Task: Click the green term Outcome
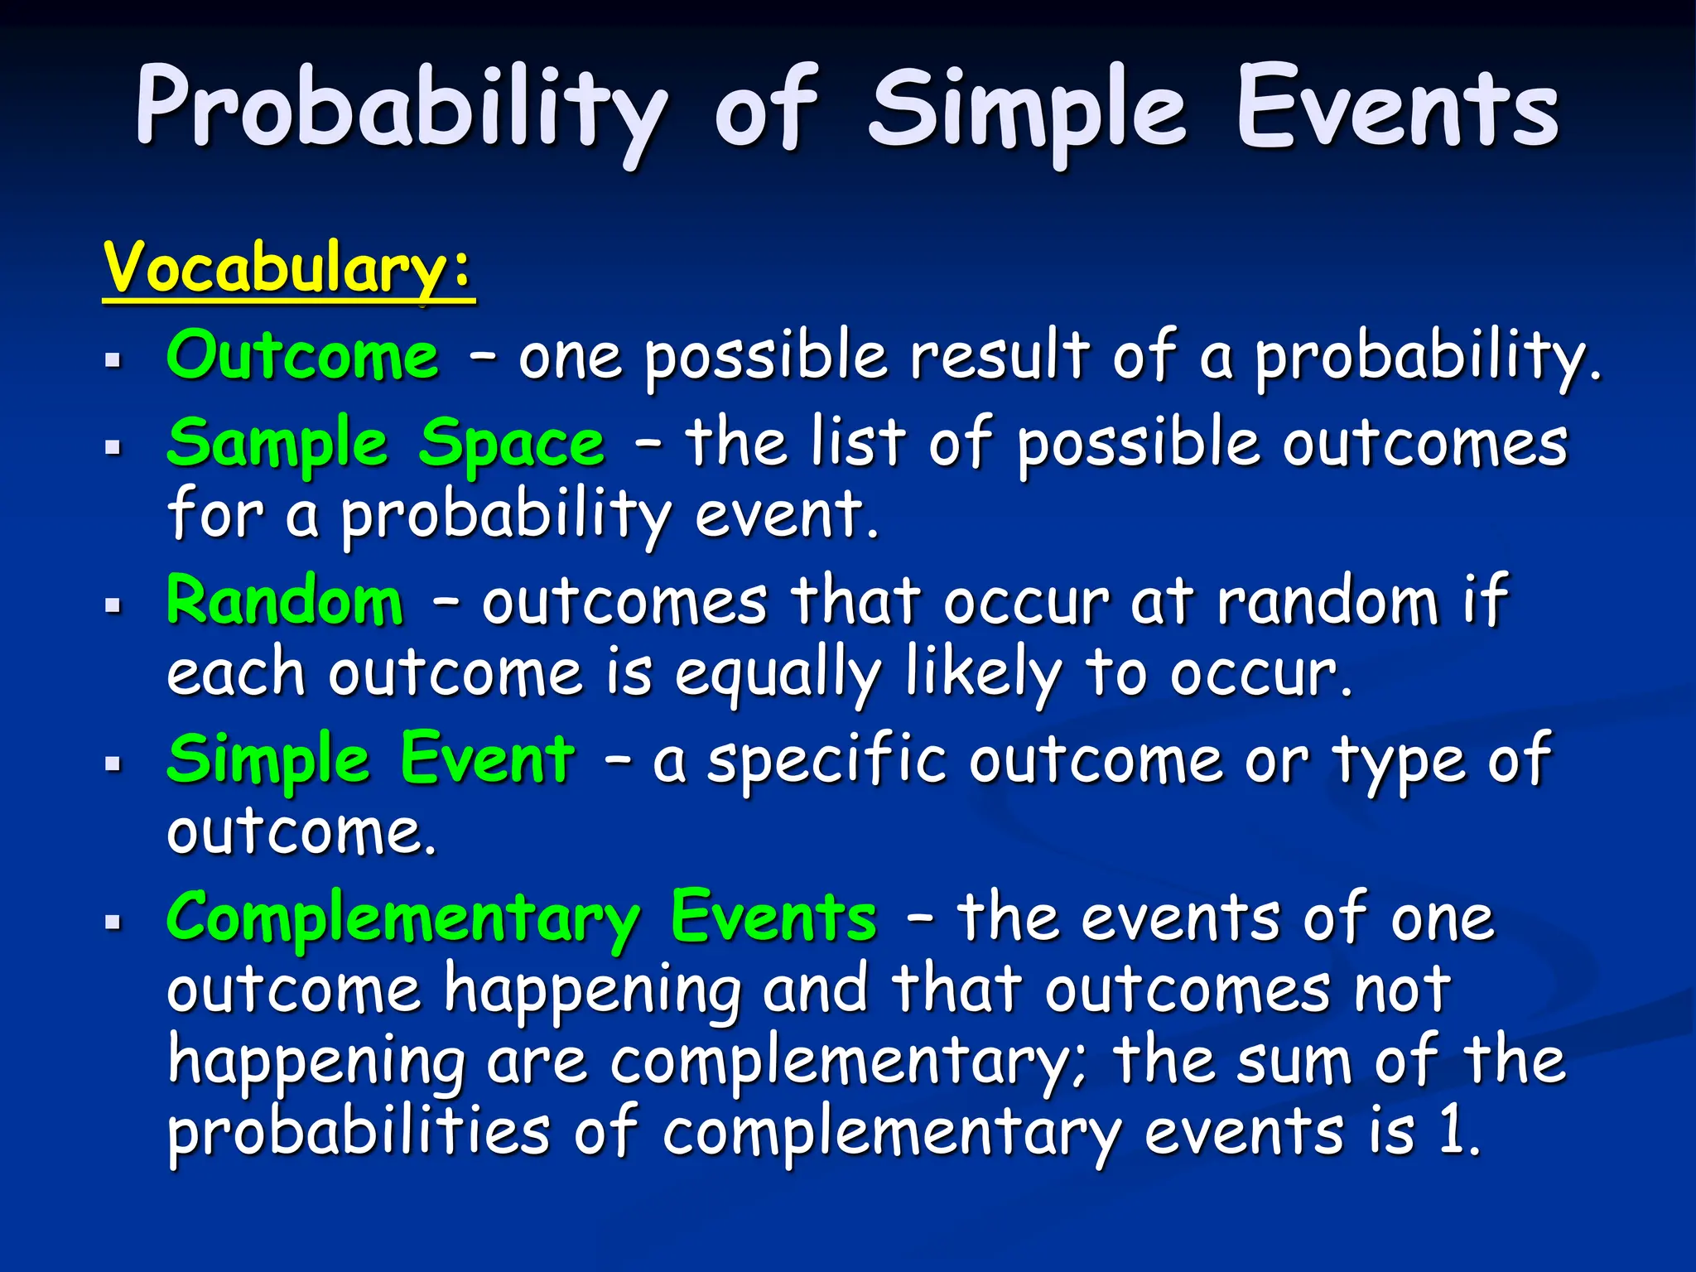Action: pos(302,356)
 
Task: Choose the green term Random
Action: pos(285,601)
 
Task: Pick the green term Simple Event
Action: pos(370,759)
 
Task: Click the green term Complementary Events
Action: pos(522,918)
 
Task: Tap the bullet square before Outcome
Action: pos(113,361)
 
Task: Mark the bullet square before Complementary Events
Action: pos(113,922)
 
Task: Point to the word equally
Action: pos(778,674)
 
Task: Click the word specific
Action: pos(826,760)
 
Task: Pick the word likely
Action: pos(983,674)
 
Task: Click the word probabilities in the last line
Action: pos(359,1133)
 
